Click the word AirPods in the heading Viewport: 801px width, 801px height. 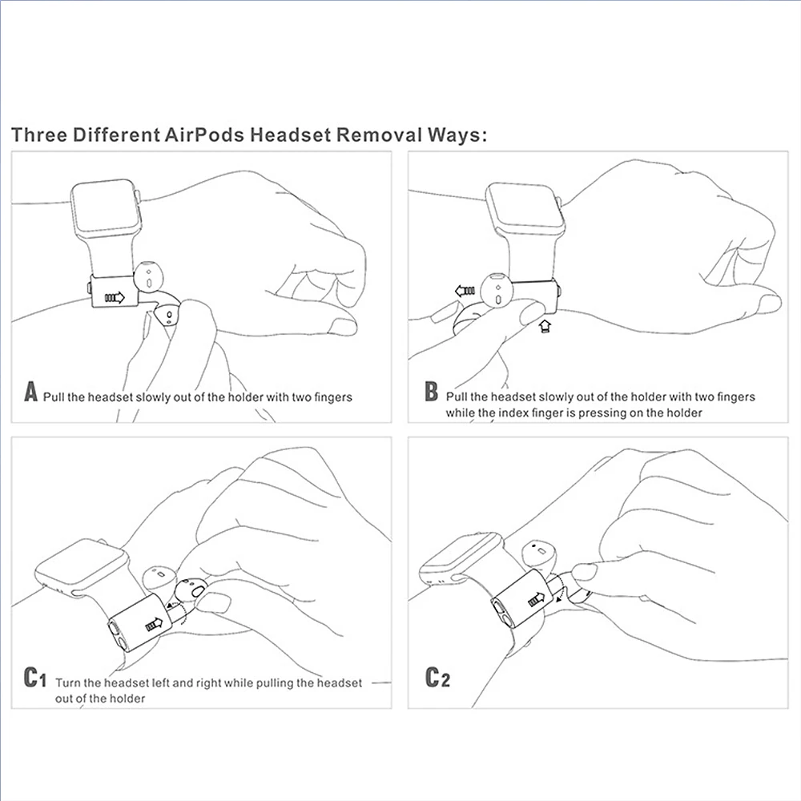click(204, 134)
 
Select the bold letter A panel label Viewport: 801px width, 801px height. click(31, 393)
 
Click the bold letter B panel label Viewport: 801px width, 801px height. click(431, 393)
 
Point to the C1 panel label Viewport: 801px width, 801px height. click(33, 679)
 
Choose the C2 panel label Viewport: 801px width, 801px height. click(437, 679)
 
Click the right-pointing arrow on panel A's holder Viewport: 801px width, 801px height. click(115, 298)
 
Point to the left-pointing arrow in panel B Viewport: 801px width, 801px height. click(465, 291)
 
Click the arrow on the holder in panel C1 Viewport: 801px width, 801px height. click(154, 625)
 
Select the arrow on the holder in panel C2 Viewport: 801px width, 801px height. click(533, 598)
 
